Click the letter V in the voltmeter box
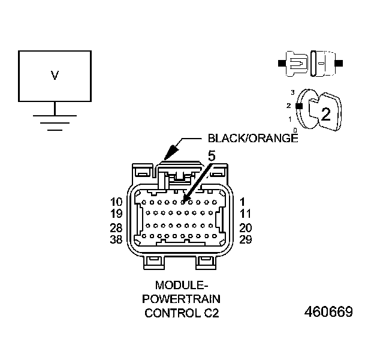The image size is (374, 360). pyautogui.click(x=55, y=76)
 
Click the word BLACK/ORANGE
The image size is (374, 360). pyautogui.click(x=252, y=138)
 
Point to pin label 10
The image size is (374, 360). pyautogui.click(x=117, y=202)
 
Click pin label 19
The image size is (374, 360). pyautogui.click(x=117, y=213)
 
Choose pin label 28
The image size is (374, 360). pyautogui.click(x=117, y=228)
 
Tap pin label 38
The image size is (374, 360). pyautogui.click(x=117, y=239)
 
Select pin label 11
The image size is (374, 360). pyautogui.click(x=245, y=213)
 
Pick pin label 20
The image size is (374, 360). pyautogui.click(x=245, y=228)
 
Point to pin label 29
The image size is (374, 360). pyautogui.click(x=245, y=239)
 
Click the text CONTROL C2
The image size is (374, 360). pyautogui.click(x=179, y=313)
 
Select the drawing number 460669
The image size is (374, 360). pyautogui.click(x=328, y=313)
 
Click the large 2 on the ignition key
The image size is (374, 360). pyautogui.click(x=325, y=114)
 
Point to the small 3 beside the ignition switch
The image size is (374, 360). pyautogui.click(x=292, y=92)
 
